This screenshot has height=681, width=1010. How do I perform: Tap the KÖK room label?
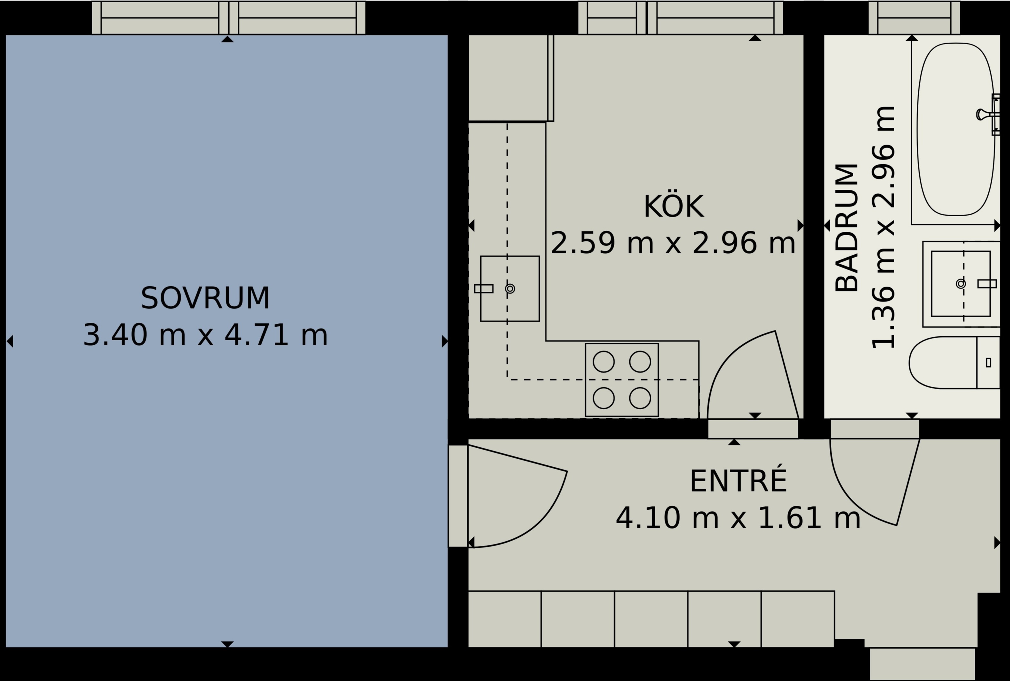click(x=674, y=207)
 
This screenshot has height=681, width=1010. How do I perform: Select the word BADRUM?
click(x=847, y=228)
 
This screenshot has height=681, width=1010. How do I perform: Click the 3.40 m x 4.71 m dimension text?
click(x=205, y=335)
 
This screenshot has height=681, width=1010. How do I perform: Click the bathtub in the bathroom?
click(x=956, y=129)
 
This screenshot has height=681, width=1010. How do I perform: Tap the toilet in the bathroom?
click(x=955, y=362)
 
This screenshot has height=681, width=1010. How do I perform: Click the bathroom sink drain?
click(x=961, y=284)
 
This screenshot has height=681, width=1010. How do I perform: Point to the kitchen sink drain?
click(x=510, y=289)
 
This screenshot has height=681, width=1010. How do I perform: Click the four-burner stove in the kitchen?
click(x=622, y=380)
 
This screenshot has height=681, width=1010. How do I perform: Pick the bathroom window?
click(x=914, y=18)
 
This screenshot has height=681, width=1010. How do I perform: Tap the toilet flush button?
click(x=989, y=362)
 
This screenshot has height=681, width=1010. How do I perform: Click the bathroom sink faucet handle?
click(x=987, y=284)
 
